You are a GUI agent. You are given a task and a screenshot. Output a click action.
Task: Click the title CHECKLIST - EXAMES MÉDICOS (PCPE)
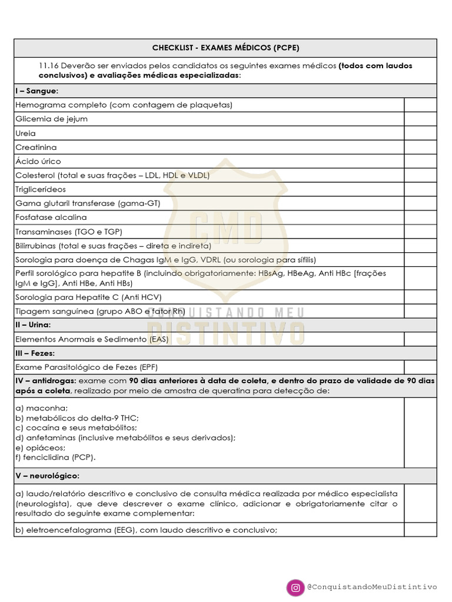225,48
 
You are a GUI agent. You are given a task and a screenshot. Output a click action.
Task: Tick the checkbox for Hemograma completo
420,105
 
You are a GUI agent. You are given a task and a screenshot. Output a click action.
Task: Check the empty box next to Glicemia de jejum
420,119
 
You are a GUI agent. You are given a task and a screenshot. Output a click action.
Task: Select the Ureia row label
25,133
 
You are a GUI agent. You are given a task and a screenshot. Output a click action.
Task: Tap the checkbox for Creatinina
420,148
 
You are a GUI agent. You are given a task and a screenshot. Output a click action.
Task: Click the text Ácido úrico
38,162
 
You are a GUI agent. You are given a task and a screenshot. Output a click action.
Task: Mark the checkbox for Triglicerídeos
420,189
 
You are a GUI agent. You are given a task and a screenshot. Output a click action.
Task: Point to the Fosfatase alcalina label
51,218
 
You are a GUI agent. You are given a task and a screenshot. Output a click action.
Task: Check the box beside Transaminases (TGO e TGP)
420,232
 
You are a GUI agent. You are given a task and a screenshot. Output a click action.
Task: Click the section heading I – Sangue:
36,91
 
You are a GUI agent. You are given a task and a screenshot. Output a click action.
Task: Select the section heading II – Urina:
33,325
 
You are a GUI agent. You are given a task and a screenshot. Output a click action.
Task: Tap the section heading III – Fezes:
35,353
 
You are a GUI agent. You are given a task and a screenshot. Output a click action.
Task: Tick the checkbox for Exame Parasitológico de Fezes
420,367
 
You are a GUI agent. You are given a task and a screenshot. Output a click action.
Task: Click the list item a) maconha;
42,408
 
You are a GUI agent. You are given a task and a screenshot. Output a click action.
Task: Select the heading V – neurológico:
47,475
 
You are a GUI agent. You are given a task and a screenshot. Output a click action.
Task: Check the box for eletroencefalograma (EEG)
420,530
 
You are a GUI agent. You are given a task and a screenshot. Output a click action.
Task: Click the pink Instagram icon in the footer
294,587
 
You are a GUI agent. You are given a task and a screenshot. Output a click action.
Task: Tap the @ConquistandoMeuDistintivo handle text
372,587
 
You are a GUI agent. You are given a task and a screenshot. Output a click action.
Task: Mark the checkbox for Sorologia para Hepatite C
420,297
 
